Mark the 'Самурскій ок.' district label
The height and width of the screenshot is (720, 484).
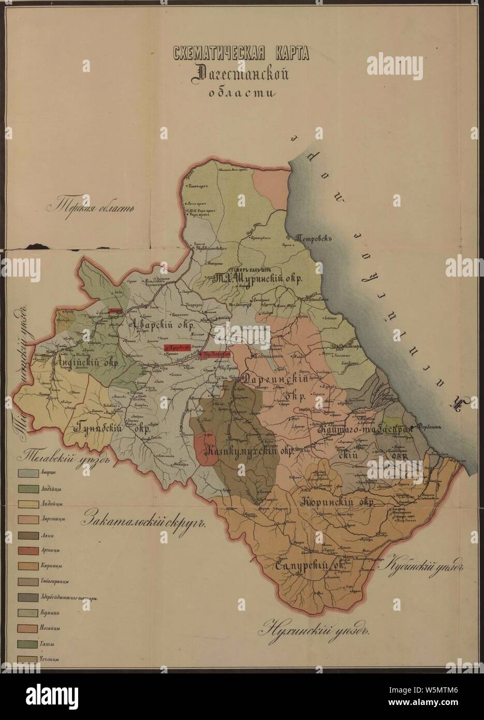307,566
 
